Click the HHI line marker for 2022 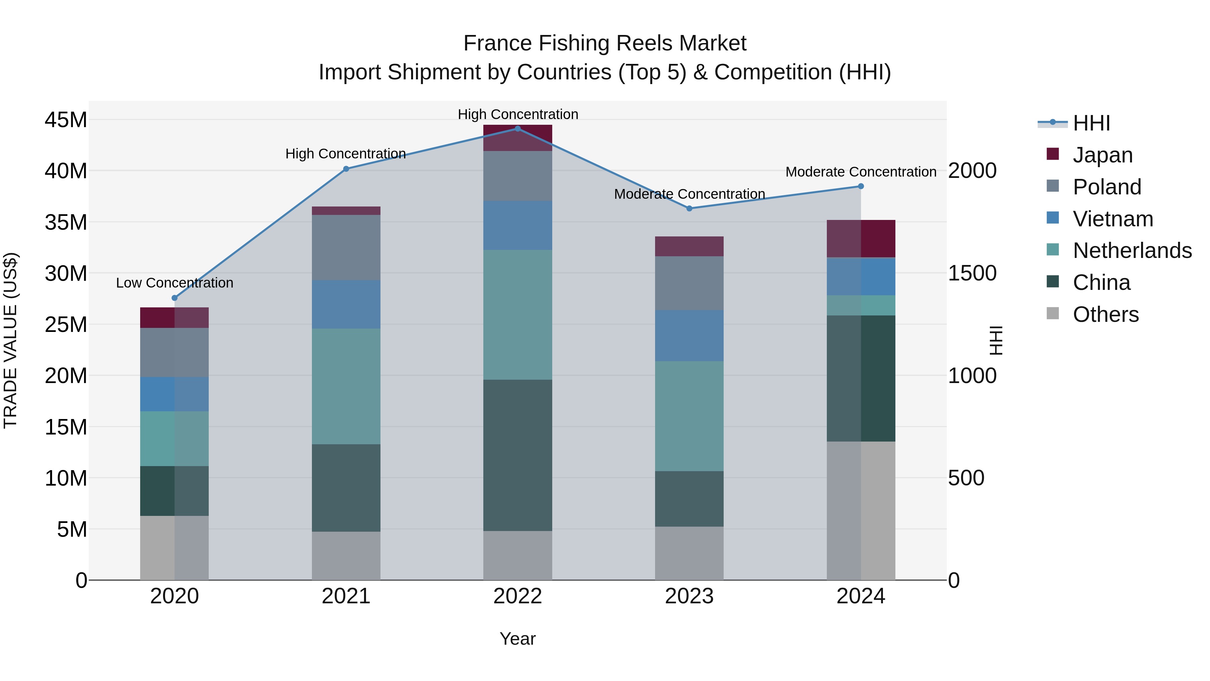coord(518,129)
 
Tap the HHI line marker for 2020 coord(175,298)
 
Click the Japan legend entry coord(1102,155)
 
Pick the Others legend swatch coord(1053,313)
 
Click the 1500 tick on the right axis coord(972,273)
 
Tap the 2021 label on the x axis coord(346,596)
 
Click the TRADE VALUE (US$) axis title coord(11,340)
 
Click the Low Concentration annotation coord(175,283)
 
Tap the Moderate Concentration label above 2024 coord(860,172)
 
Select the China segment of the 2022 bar coord(518,455)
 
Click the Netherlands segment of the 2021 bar coord(346,386)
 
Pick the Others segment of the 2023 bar coord(689,553)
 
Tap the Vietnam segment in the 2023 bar coord(689,336)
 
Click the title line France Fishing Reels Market coord(605,43)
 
